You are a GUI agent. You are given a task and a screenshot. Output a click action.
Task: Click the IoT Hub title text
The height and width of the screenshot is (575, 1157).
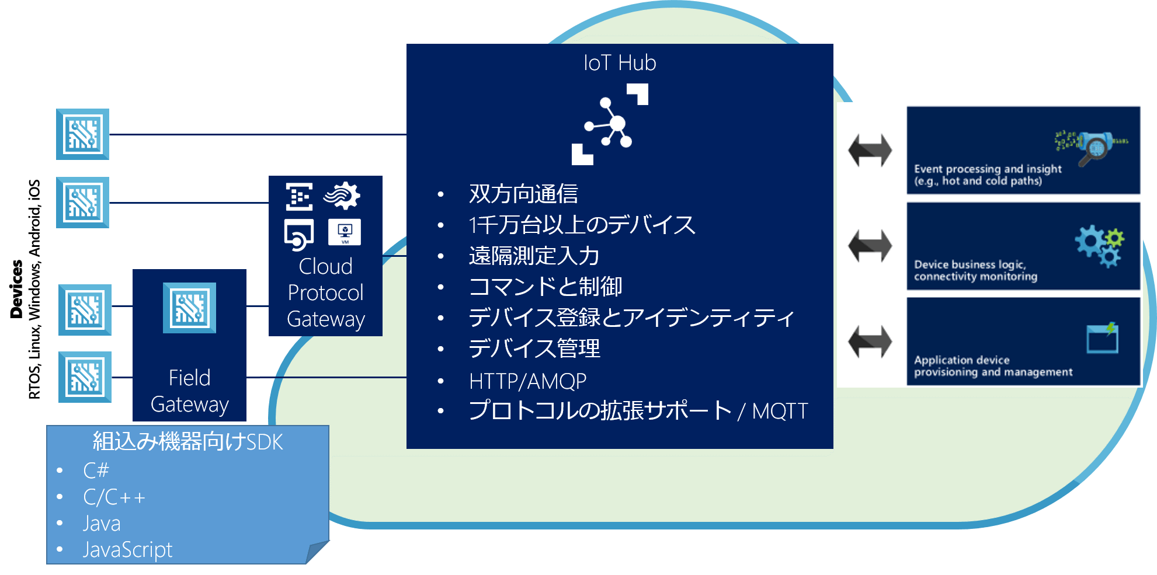(620, 63)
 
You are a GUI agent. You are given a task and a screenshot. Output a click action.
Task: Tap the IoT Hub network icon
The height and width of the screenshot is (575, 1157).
(610, 124)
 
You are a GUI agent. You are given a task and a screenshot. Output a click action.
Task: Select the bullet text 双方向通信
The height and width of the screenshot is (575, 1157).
(523, 194)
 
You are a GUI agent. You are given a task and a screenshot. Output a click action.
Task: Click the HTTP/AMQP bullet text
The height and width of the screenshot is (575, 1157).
(527, 381)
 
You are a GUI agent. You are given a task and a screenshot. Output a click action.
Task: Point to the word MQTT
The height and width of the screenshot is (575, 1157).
(780, 411)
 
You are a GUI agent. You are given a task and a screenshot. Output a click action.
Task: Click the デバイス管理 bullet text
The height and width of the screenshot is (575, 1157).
(534, 349)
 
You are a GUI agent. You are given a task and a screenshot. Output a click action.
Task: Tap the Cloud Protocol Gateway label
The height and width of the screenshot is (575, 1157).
(325, 292)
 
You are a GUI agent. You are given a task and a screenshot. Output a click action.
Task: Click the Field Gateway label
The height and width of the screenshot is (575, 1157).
(189, 391)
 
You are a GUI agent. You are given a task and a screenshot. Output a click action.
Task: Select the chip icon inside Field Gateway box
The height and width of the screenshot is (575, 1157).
(189, 308)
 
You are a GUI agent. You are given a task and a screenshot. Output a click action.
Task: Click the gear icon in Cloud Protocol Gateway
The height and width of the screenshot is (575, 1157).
(343, 196)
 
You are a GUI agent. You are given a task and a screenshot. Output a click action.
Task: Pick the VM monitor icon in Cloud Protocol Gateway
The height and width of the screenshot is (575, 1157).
(345, 232)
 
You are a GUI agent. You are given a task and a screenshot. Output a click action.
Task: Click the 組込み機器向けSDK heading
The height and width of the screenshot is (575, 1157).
(187, 442)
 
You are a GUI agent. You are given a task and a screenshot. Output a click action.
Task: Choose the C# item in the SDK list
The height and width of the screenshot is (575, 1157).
(96, 470)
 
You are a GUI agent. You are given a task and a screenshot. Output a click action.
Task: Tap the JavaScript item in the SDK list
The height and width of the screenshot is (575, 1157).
(127, 549)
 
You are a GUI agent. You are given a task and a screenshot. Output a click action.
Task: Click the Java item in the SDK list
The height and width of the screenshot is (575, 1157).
(102, 523)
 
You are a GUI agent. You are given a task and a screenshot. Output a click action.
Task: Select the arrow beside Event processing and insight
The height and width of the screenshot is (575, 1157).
(870, 151)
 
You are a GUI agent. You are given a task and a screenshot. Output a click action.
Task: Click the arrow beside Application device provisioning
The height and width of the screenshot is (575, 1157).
(870, 341)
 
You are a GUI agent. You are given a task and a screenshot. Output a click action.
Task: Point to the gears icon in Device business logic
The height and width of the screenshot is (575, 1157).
(1099, 246)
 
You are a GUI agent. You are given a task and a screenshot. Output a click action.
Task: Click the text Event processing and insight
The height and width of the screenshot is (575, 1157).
(987, 169)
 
